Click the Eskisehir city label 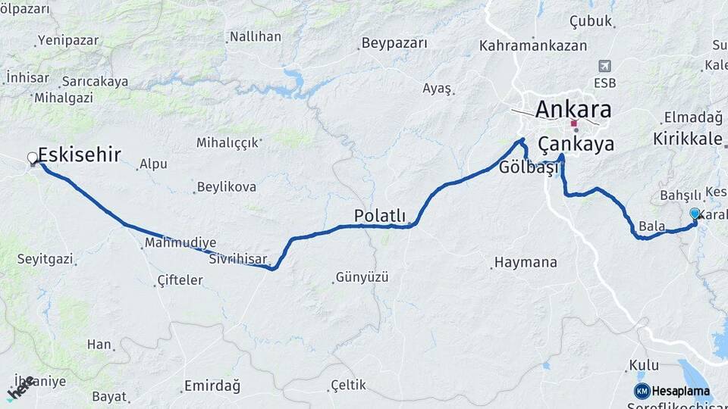[x=80, y=155]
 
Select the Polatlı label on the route [x=380, y=216]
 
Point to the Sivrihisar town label [x=237, y=260]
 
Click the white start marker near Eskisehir [x=33, y=158]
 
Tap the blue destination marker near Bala [x=695, y=214]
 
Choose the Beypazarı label [x=394, y=43]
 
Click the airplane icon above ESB [x=604, y=66]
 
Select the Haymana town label [x=526, y=263]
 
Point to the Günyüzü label [x=362, y=277]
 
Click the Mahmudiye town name [x=180, y=242]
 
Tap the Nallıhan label [x=255, y=36]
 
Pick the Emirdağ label [x=212, y=386]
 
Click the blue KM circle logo [x=642, y=392]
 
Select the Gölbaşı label [x=529, y=168]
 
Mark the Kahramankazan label [x=533, y=45]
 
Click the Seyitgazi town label [x=45, y=259]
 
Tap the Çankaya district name [x=576, y=145]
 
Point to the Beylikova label [x=226, y=186]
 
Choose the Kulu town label [x=643, y=366]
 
